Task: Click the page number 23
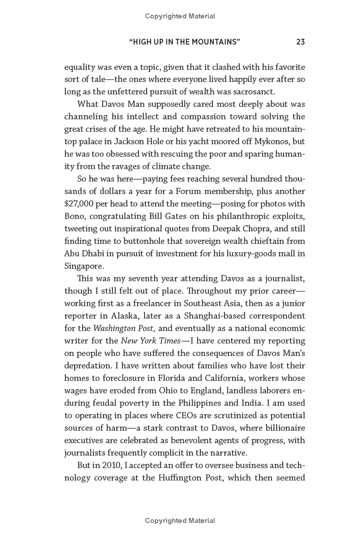[x=301, y=42]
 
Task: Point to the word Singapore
[x=83, y=266]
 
